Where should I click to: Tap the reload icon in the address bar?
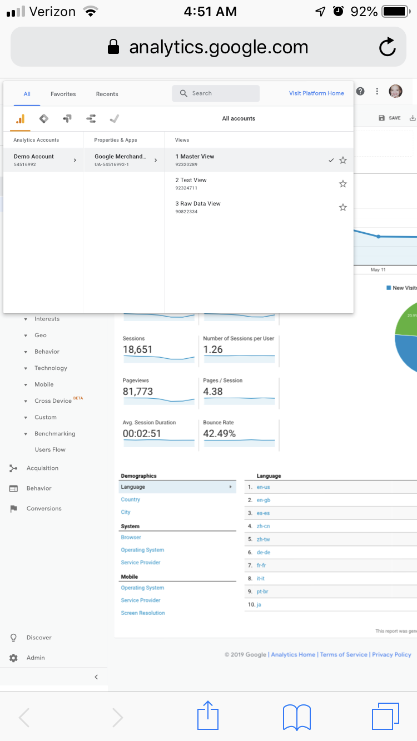click(x=388, y=47)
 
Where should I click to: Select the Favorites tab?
click(x=63, y=94)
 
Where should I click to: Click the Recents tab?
click(x=107, y=94)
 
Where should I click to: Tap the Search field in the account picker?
click(x=216, y=93)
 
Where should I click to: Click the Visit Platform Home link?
click(x=316, y=93)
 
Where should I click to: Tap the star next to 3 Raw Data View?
click(x=343, y=207)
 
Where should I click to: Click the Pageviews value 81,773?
click(x=138, y=392)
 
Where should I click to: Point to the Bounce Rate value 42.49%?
click(x=219, y=434)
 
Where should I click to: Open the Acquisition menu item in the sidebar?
click(x=42, y=468)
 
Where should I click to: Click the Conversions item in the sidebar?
click(x=44, y=508)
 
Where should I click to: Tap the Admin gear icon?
click(x=13, y=658)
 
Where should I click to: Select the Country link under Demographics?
click(x=131, y=499)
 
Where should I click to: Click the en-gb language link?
click(x=264, y=500)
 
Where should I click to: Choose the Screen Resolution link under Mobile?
click(x=143, y=613)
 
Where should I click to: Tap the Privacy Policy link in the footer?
click(x=391, y=655)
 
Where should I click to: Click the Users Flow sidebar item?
click(x=50, y=449)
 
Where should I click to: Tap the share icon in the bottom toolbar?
click(x=208, y=715)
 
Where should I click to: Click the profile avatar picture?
click(x=395, y=91)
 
